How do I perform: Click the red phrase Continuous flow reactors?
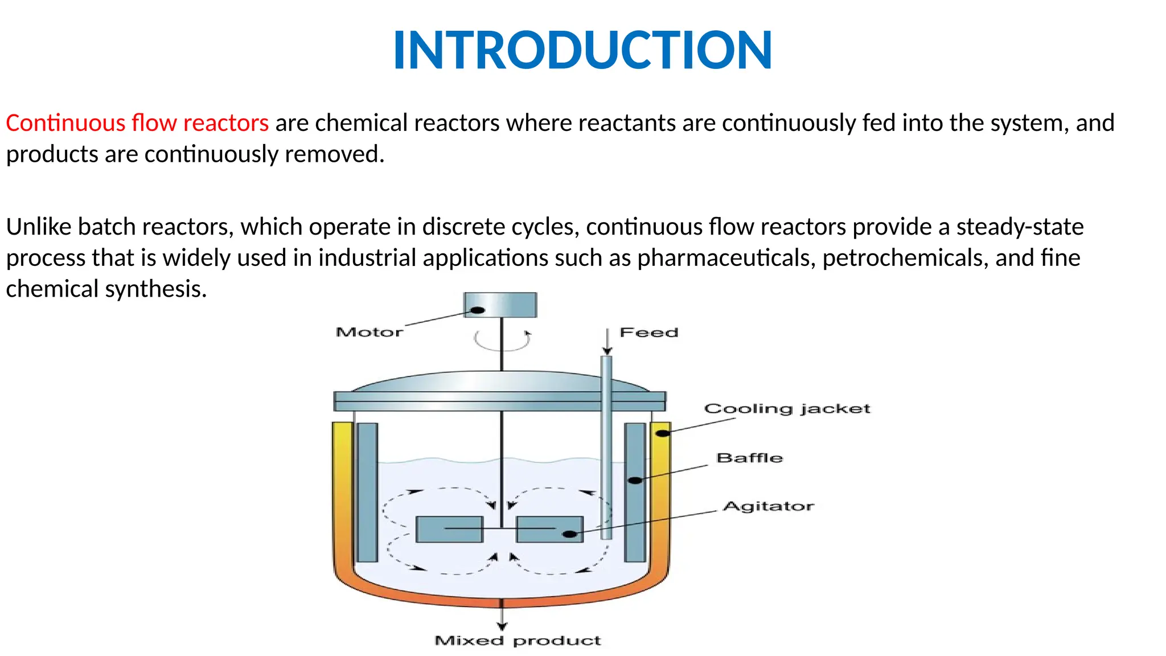click(x=137, y=123)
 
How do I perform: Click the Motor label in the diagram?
click(x=369, y=332)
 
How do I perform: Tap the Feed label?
click(x=648, y=333)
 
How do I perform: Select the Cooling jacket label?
click(x=787, y=409)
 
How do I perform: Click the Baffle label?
click(x=749, y=458)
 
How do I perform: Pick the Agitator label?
click(x=768, y=506)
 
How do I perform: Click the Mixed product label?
click(x=517, y=641)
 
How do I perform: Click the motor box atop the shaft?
click(x=500, y=305)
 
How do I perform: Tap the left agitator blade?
click(x=449, y=529)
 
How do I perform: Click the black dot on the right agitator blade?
click(x=569, y=534)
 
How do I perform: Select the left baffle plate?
click(x=367, y=492)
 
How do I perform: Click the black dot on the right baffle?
click(x=635, y=480)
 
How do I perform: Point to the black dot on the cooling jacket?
click(x=663, y=433)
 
